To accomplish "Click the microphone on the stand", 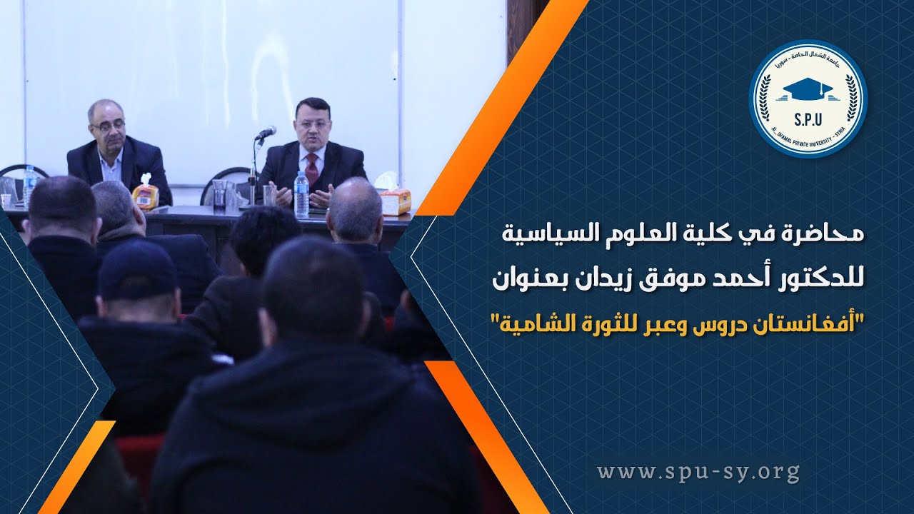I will (266, 133).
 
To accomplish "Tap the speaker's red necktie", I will (312, 169).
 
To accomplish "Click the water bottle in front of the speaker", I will (302, 194).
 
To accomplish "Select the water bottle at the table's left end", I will (29, 185).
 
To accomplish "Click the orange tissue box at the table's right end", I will (395, 201).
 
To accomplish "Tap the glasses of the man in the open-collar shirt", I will (107, 126).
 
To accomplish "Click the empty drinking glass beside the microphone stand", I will (268, 195).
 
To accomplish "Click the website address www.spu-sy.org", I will (698, 472).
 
